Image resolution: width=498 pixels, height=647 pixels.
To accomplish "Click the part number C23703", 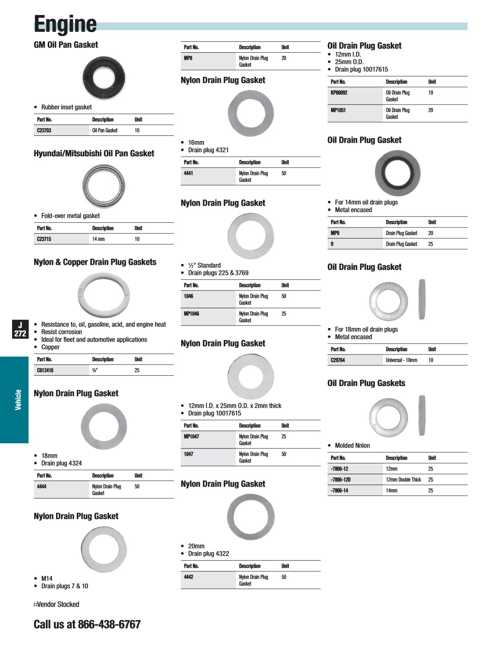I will pyautogui.click(x=44, y=131).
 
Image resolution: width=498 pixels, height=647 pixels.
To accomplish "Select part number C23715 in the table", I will pyautogui.click(x=44, y=239).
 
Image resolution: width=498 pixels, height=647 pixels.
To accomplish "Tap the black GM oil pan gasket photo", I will pyautogui.click(x=104, y=78).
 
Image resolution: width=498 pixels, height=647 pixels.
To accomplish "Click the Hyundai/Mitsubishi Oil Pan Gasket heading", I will pyautogui.click(x=94, y=154).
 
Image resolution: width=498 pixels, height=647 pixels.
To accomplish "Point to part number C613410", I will pyautogui.click(x=45, y=371).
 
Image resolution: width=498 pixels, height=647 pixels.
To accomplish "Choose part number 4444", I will pyautogui.click(x=42, y=487).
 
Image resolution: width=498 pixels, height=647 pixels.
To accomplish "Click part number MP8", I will pyautogui.click(x=188, y=58).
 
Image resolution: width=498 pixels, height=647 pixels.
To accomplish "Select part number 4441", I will pyautogui.click(x=188, y=174).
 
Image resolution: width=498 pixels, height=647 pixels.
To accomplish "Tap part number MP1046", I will pyautogui.click(x=191, y=314).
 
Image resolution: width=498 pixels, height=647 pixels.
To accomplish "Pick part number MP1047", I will pyautogui.click(x=191, y=437).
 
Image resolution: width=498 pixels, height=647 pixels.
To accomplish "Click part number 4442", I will pyautogui.click(x=188, y=577).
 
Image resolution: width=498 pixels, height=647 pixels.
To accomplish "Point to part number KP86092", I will pyautogui.click(x=339, y=93).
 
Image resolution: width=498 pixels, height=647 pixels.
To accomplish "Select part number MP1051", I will pyautogui.click(x=338, y=111).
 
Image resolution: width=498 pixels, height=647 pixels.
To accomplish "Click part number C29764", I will pyautogui.click(x=338, y=360).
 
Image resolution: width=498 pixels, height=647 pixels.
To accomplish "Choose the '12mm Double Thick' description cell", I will pyautogui.click(x=403, y=480).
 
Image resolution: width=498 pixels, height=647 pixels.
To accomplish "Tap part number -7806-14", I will pyautogui.click(x=339, y=491).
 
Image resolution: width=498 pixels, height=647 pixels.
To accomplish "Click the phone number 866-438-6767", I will pyautogui.click(x=109, y=624).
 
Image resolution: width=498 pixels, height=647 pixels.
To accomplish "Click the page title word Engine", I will pyautogui.click(x=65, y=24).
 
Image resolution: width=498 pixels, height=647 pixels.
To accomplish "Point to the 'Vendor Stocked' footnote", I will pyautogui.click(x=57, y=604).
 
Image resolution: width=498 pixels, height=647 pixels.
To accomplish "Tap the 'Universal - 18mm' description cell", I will pyautogui.click(x=401, y=360).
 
